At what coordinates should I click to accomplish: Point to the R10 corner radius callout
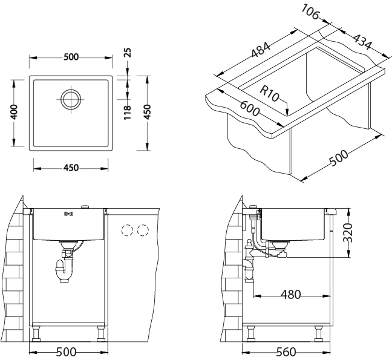point(270,94)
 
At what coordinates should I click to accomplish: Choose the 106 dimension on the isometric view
point(311,11)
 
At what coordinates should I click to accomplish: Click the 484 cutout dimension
point(261,48)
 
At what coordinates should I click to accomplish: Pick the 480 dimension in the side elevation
point(292,296)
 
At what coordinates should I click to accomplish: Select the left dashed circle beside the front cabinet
point(128,231)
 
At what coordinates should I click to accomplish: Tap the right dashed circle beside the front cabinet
point(143,231)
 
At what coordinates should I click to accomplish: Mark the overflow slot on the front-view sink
point(68,214)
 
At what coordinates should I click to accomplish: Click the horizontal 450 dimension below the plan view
point(71,168)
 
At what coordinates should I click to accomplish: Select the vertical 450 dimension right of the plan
point(149,113)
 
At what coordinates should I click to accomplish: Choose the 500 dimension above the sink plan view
point(71,57)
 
